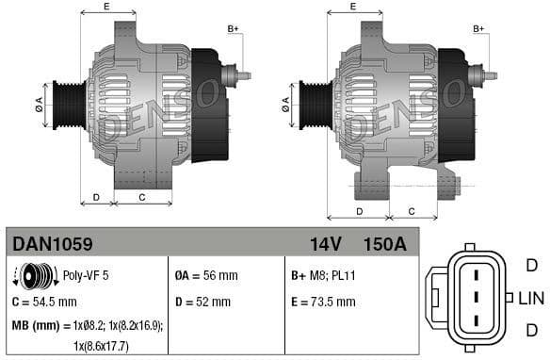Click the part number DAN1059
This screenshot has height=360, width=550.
click(x=52, y=244)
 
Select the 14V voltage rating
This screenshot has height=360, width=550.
click(x=325, y=244)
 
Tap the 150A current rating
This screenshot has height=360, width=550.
click(x=384, y=244)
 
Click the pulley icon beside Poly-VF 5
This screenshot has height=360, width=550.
click(x=35, y=277)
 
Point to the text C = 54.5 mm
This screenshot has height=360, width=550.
click(x=44, y=303)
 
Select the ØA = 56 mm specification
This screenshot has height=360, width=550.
click(x=205, y=277)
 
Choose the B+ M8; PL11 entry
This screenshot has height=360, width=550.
click(x=321, y=277)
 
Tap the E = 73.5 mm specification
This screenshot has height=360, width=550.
click(x=323, y=303)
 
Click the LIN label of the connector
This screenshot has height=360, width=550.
click(x=531, y=299)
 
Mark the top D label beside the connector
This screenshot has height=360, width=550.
click(x=531, y=266)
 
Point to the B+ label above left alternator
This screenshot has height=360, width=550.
click(x=234, y=29)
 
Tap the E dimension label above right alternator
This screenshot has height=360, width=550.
click(x=352, y=8)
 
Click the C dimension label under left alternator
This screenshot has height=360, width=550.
click(x=141, y=197)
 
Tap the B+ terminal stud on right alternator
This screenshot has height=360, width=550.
click(x=489, y=73)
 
